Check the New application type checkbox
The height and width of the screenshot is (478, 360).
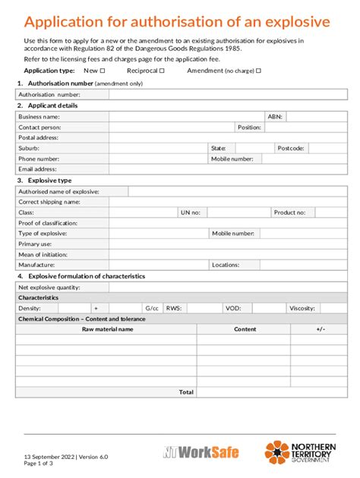[103, 70]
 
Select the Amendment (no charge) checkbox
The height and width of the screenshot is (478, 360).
[258, 70]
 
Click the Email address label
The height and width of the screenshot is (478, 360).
[37, 170]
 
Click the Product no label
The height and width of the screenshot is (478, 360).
[289, 213]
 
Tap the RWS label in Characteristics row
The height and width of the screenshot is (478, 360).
[173, 309]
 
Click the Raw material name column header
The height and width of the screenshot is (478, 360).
[107, 329]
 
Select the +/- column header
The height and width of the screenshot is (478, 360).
[321, 329]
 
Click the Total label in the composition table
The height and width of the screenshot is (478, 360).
[186, 392]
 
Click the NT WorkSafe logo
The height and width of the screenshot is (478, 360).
[201, 452]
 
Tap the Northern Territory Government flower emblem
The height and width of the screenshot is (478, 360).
[276, 452]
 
